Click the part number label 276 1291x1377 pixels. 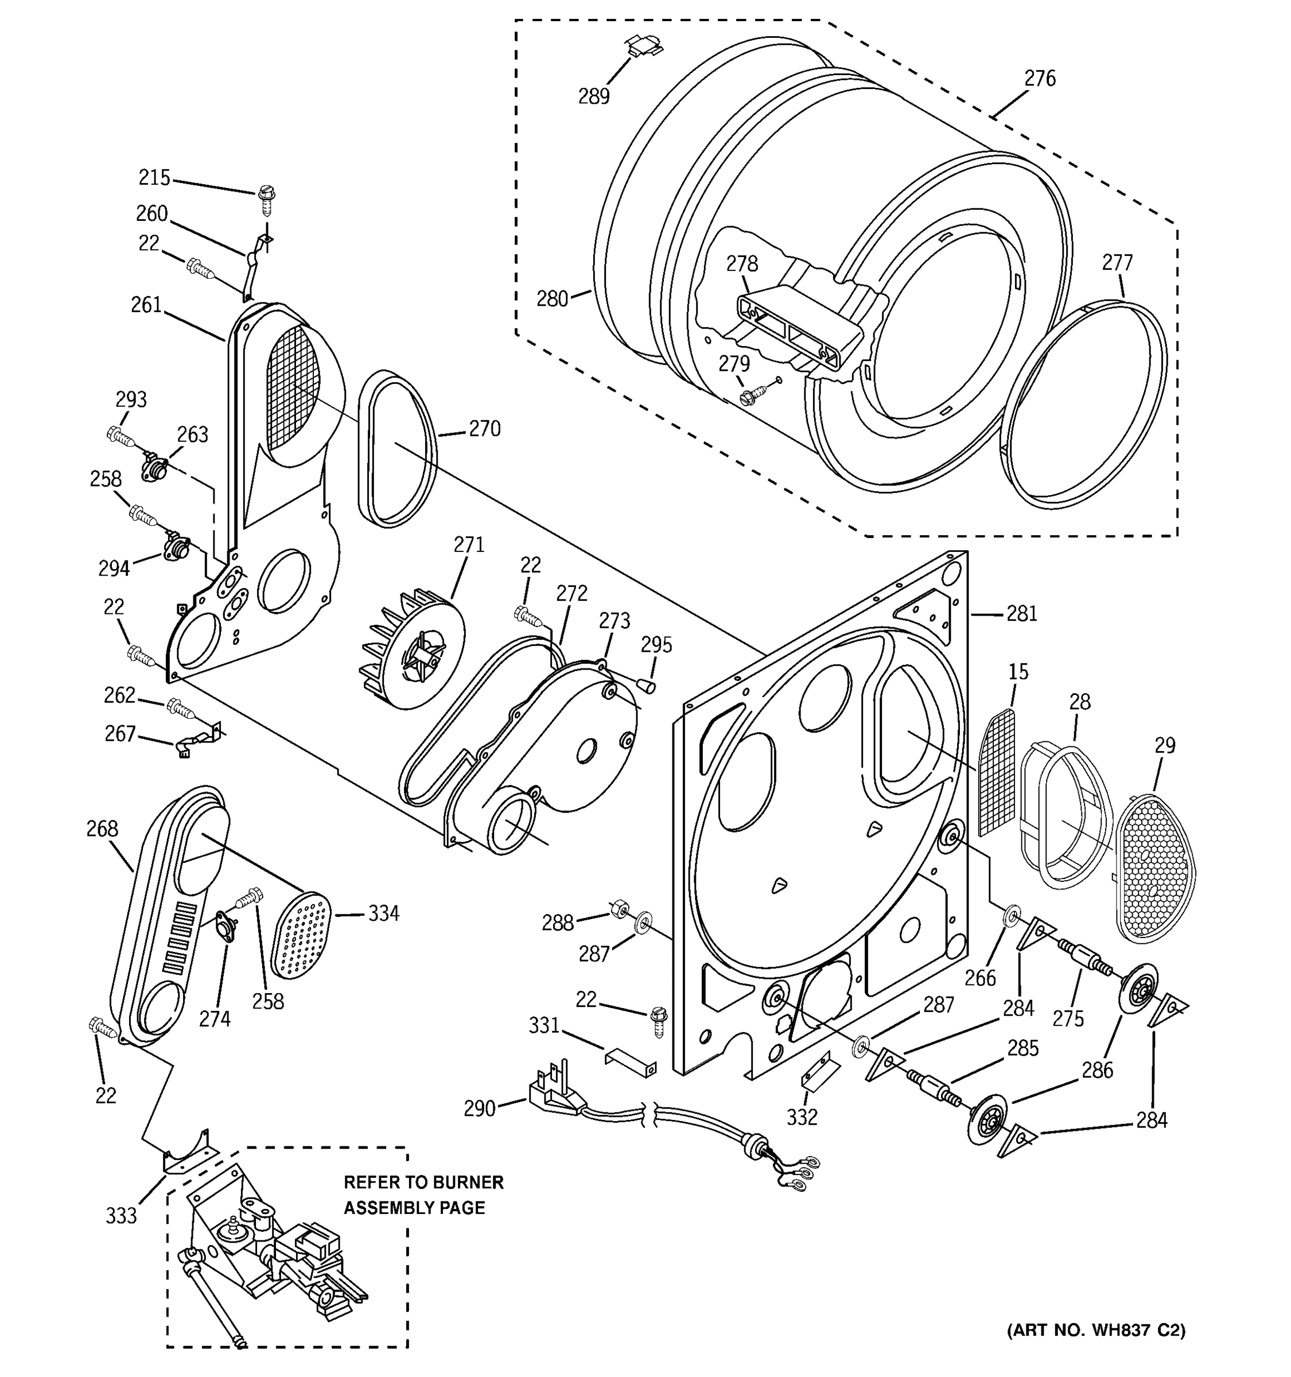[1040, 79]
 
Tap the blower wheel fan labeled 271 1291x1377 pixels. [412, 648]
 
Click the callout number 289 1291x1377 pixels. [593, 96]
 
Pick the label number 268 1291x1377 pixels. [103, 828]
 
